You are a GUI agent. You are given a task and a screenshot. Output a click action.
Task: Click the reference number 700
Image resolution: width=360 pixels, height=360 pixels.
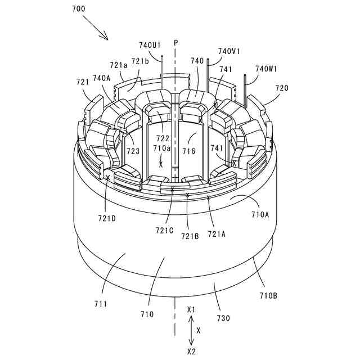coord(80,10)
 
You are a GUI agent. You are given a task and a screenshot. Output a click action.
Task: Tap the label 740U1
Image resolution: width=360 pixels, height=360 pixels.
coord(150,45)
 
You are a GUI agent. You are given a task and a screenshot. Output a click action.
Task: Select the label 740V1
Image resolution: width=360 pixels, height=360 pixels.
coord(229,51)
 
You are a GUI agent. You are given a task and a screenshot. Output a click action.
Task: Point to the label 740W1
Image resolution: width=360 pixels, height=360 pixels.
coord(266,69)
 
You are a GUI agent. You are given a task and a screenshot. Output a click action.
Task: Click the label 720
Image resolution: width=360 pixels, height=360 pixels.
coord(282,88)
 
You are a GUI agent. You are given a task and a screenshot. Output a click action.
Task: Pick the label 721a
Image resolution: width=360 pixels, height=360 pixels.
coord(119,65)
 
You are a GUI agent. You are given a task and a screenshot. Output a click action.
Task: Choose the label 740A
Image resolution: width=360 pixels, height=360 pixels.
coord(102,78)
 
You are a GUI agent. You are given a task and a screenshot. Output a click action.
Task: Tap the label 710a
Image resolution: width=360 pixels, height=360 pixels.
coord(161,148)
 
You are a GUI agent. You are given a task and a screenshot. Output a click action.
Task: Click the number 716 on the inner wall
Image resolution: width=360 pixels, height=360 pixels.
coord(189,151)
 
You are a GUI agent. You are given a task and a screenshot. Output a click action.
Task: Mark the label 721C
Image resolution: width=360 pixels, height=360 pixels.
coord(164,229)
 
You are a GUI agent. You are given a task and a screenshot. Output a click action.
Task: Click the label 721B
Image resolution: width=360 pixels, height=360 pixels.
coord(190,237)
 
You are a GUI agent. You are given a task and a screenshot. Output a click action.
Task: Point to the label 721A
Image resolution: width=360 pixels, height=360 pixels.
coord(217,233)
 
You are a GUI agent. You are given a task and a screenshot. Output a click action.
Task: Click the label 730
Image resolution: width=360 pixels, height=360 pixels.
coord(223,318)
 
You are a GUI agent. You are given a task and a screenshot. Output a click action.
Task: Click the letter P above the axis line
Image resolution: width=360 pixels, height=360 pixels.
coord(175,42)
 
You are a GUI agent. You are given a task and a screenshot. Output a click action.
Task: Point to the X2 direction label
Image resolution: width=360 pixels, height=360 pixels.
coord(191,351)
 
